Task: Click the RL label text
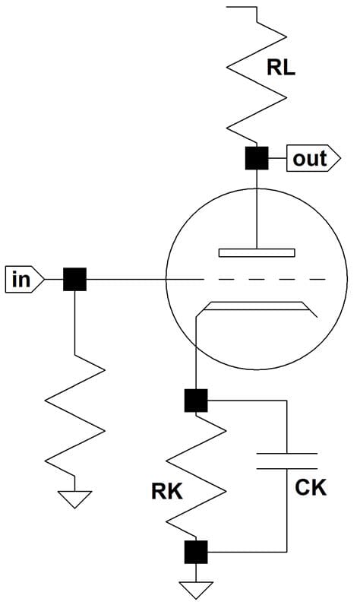coord(281,68)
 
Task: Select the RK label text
coord(167,492)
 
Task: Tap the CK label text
coord(311,487)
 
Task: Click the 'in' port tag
coord(24,279)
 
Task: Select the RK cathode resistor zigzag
coord(196,476)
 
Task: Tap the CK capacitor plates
coord(287,461)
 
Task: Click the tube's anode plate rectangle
coord(257,253)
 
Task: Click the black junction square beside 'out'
coord(257,158)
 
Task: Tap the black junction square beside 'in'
coord(74,279)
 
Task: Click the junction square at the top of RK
coord(196,401)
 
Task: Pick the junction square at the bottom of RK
coord(196,552)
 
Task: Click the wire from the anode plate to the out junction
coord(257,209)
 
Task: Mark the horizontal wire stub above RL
coord(242,7)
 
